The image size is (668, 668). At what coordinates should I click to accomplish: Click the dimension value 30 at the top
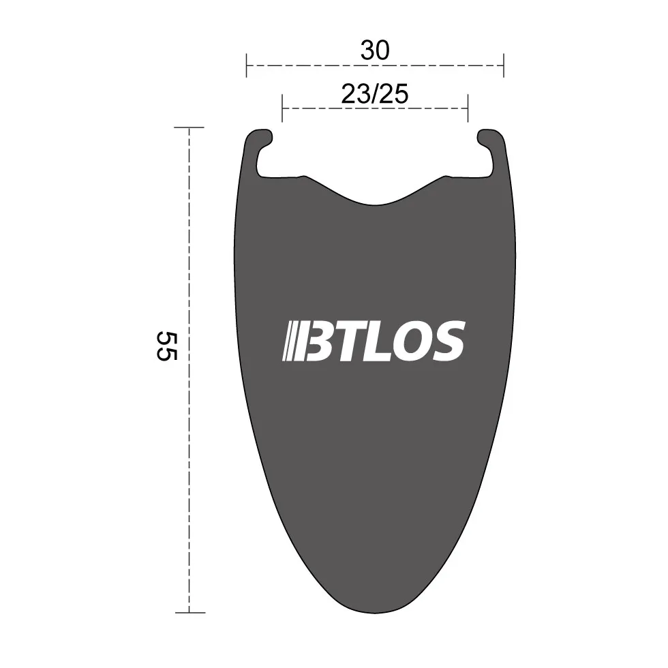[x=375, y=50]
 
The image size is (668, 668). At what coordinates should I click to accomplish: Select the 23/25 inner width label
[x=375, y=94]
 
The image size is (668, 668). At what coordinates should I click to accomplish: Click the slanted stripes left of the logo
[x=291, y=341]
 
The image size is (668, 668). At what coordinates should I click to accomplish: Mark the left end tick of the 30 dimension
[x=247, y=66]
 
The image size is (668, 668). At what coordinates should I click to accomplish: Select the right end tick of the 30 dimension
[x=503, y=66]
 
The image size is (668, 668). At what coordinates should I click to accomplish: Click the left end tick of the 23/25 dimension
[x=282, y=108]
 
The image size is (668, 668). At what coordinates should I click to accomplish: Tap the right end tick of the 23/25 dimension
[x=468, y=108]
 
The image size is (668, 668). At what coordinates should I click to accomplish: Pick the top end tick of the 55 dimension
[x=189, y=127]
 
